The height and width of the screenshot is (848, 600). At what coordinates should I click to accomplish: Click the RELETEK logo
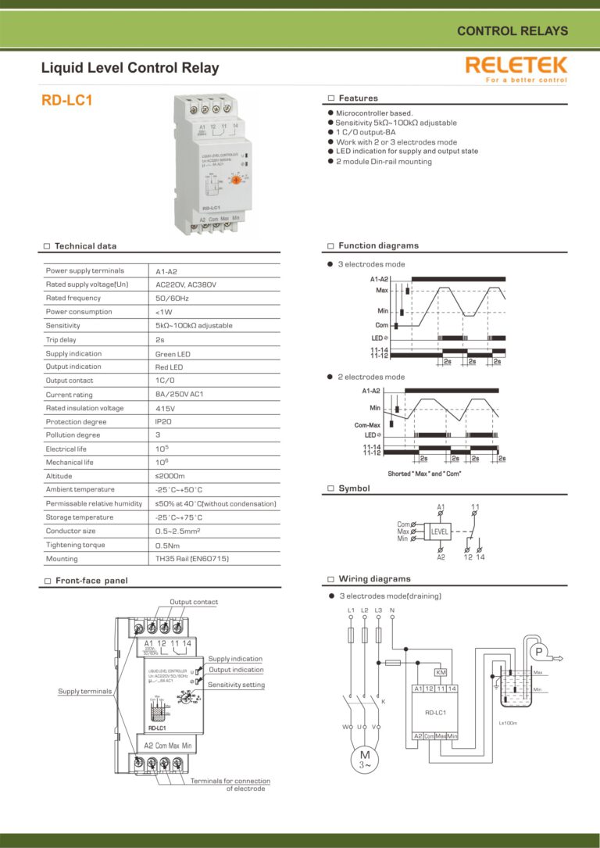516,66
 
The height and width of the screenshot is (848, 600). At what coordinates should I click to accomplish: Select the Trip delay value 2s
160,339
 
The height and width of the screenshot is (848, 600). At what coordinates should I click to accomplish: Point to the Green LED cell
173,353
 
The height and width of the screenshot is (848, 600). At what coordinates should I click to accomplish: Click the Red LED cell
170,367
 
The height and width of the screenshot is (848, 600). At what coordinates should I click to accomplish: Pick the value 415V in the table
165,408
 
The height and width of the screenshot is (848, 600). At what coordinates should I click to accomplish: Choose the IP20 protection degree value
163,421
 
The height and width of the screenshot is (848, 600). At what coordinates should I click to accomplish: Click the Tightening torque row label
75,545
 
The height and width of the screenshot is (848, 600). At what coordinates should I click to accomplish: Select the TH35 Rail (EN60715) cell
192,559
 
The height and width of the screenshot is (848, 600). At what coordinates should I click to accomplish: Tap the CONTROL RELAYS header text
512,32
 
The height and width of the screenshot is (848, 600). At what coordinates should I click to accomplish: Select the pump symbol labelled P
538,652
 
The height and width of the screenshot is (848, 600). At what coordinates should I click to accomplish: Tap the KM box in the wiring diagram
441,672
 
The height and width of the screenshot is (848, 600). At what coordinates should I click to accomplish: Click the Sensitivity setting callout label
236,685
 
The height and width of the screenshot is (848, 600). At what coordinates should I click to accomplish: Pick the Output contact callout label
194,602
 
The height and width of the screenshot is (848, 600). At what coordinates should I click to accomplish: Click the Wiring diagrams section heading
373,579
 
